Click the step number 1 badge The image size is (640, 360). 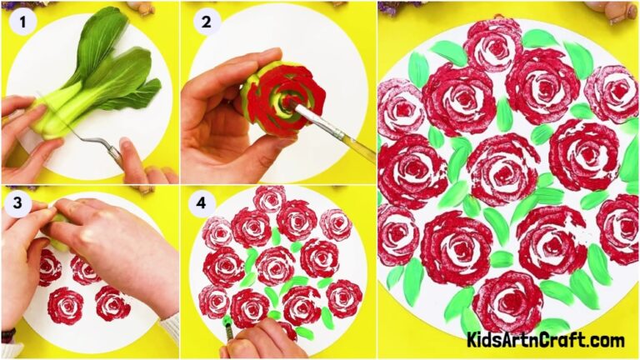[22, 22]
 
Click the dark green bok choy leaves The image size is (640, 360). [117, 67]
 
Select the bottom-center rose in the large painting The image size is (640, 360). [507, 300]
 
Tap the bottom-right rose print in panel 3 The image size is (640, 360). [113, 303]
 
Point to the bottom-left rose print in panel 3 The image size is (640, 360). [65, 306]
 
